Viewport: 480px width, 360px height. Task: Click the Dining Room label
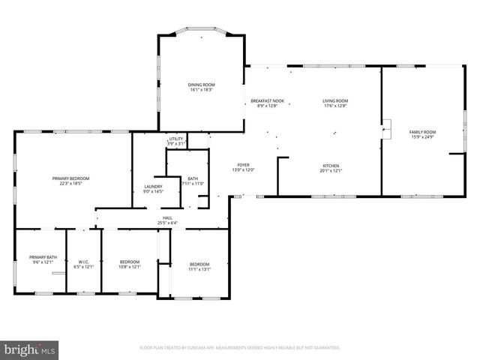(201, 85)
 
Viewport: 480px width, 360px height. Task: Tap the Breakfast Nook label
(267, 100)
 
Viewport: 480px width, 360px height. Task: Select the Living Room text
(335, 100)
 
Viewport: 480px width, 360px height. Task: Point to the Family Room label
(423, 132)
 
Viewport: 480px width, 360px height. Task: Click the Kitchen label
(331, 166)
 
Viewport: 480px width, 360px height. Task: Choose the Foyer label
(244, 165)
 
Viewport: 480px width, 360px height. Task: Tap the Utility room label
(176, 139)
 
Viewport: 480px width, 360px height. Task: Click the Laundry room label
(152, 187)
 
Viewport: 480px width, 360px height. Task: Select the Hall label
(167, 217)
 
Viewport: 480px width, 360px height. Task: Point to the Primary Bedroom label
(70, 178)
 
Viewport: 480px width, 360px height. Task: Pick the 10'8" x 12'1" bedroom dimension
(130, 267)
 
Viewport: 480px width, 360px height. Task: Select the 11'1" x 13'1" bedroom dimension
(199, 269)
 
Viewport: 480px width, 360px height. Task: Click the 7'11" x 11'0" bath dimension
(193, 184)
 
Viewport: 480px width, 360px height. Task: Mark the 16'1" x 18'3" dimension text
(201, 90)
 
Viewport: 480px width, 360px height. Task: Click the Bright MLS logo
(29, 349)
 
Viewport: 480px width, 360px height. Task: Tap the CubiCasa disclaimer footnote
(240, 348)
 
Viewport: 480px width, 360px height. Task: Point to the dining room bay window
(201, 32)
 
